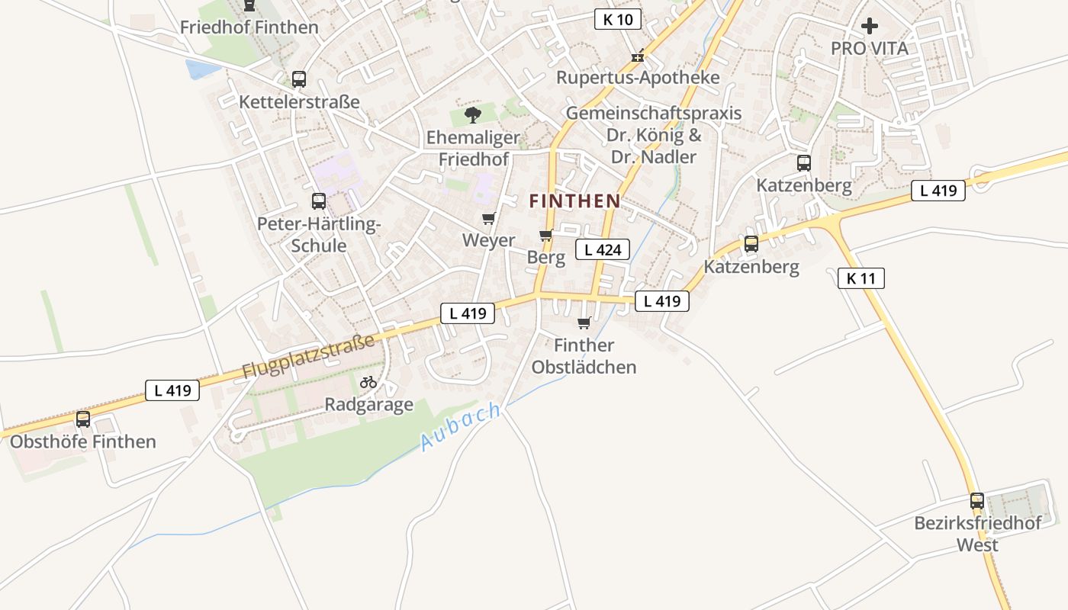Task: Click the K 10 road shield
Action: pos(617,20)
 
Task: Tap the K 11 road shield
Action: pos(861,278)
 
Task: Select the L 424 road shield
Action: pos(603,249)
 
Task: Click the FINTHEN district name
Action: pos(574,201)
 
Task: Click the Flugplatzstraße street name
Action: pos(308,356)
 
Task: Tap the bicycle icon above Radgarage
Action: pos(368,382)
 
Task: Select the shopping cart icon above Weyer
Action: pos(489,219)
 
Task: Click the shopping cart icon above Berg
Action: pos(545,235)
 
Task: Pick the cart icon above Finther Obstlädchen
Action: pos(584,323)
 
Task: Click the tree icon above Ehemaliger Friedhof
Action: pos(473,115)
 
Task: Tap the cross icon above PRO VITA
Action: pos(869,27)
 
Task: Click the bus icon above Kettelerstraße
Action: pos(299,79)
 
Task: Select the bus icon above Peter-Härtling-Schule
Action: pos(319,201)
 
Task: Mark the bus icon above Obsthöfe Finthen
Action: pos(83,419)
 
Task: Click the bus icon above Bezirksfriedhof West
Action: pos(977,501)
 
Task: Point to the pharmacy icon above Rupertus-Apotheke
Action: pos(638,56)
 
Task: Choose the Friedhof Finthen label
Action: pos(249,27)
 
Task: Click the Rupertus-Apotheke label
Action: pos(638,78)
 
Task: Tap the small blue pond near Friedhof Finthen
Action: pos(201,69)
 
